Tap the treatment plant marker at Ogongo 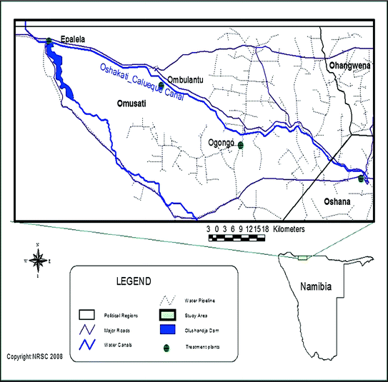pyautogui.click(x=241, y=146)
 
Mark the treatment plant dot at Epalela pyautogui.click(x=49, y=41)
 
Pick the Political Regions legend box pyautogui.click(x=88, y=314)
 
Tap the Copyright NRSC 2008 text pyautogui.click(x=34, y=356)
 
